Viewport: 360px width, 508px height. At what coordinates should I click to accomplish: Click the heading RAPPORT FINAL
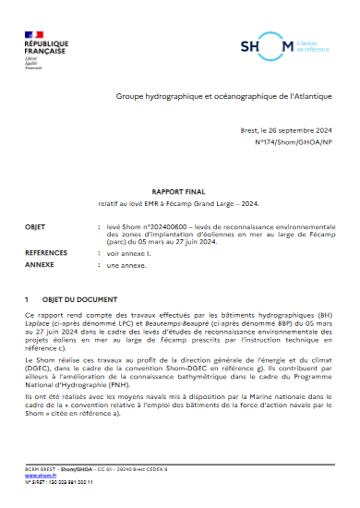(x=179, y=184)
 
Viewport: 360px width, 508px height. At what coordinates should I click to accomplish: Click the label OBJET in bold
(x=37, y=224)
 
